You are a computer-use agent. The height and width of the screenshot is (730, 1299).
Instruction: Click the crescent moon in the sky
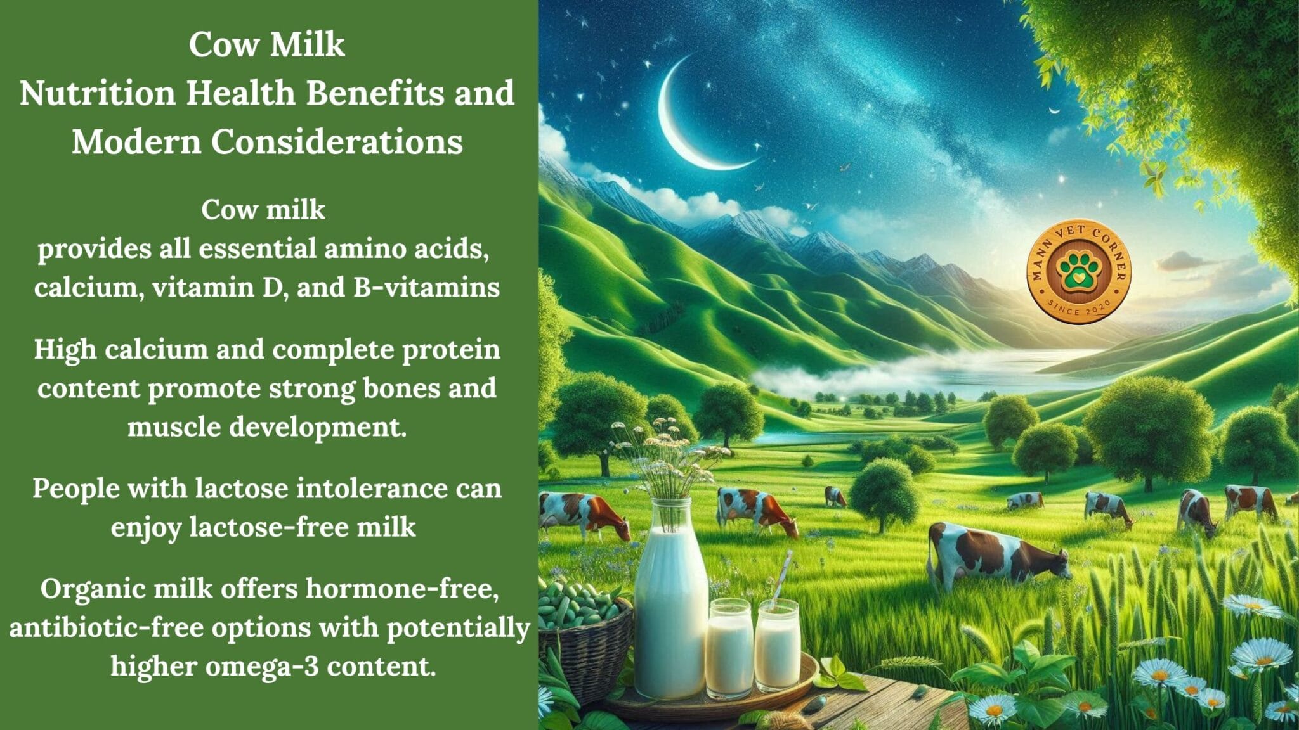682,127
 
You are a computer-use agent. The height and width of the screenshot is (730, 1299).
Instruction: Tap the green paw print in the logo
1078,270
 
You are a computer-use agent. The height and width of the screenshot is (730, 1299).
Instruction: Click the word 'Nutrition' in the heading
97,93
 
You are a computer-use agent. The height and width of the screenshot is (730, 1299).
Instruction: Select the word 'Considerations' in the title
336,141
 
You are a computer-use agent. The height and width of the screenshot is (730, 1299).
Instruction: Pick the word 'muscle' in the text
174,427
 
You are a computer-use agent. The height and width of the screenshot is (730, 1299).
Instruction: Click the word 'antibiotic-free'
107,628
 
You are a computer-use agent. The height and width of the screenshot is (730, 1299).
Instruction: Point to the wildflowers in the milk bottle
666,456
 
